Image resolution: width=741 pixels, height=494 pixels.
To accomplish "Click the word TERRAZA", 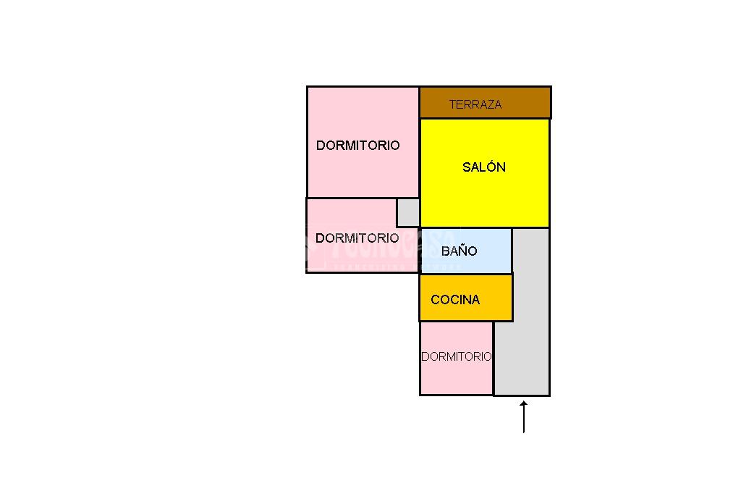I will coord(475,104).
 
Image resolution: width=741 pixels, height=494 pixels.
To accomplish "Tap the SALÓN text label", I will coord(483,167).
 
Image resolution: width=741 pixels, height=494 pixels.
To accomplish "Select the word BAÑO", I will coord(460,251).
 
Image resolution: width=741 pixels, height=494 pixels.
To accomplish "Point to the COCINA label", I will coord(455,300).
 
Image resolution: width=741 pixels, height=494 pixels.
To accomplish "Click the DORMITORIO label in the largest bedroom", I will coord(357,146).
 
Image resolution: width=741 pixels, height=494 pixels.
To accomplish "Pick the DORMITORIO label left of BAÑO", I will coord(357,238).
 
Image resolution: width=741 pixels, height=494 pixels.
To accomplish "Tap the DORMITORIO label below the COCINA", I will coord(456,356).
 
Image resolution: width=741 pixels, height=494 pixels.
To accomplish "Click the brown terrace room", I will coord(521,103).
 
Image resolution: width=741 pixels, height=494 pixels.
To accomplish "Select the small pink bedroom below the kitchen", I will coord(456,377).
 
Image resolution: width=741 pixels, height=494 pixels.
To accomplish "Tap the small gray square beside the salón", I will coord(408,212).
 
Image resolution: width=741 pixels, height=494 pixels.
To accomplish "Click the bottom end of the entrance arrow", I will coord(523,432).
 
